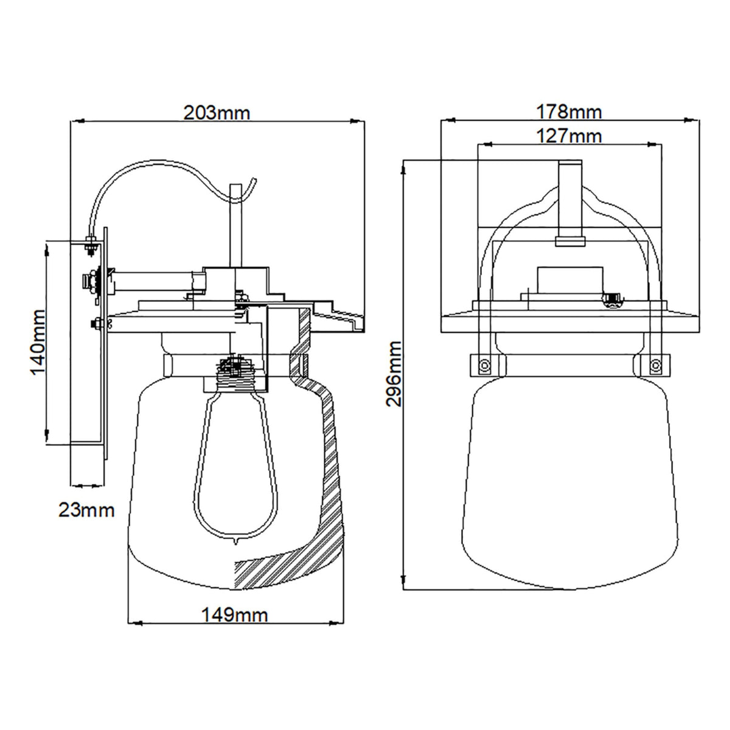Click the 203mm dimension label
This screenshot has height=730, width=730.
coord(217,113)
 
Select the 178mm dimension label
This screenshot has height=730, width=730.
coord(569,112)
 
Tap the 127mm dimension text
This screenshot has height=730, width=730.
coord(569,136)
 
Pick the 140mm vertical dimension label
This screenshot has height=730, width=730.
coord(38,342)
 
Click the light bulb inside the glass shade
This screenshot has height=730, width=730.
coord(233,462)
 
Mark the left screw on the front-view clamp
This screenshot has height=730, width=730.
coord(484,365)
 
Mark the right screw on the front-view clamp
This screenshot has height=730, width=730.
coord(655,365)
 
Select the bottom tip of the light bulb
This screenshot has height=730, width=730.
coord(234,540)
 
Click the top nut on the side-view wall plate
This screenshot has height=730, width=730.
coord(90,247)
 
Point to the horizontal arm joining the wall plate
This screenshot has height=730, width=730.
coord(152,280)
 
